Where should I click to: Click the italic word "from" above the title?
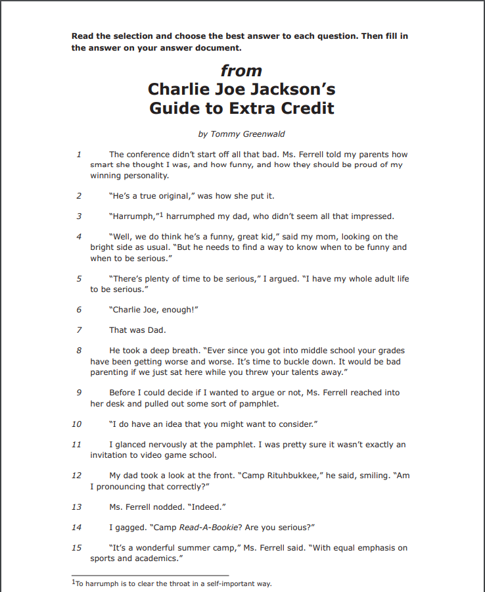[241, 71]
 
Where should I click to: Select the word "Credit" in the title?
[306, 108]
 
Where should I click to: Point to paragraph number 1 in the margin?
[79, 155]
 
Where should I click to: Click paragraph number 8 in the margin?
[79, 351]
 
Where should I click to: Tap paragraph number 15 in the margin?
[77, 548]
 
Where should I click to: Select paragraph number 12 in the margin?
[77, 475]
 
